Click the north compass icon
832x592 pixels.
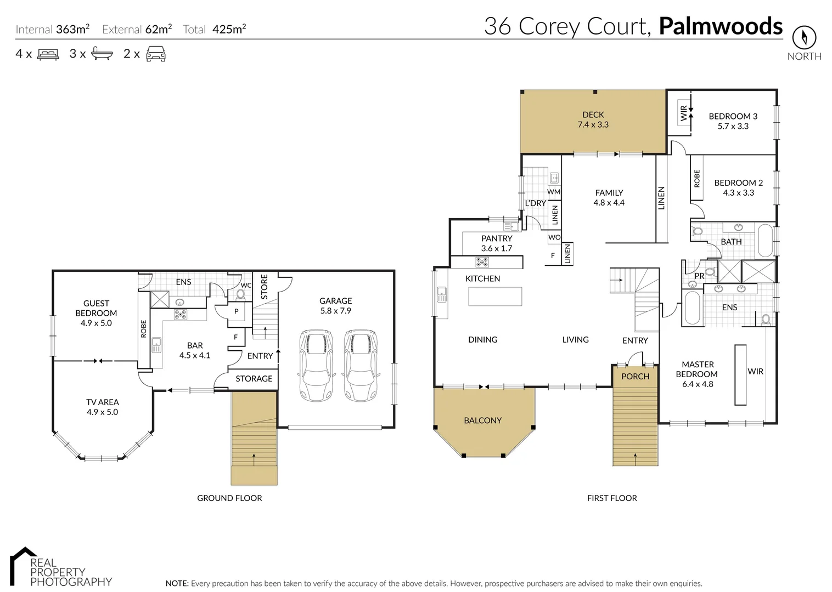point(804,38)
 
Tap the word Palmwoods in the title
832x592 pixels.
point(721,26)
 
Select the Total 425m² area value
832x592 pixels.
point(215,29)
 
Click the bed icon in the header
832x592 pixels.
point(48,54)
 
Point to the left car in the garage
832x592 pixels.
point(317,365)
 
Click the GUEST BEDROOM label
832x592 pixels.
point(96,313)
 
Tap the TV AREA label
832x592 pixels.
point(102,407)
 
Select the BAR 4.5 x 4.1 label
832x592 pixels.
point(195,350)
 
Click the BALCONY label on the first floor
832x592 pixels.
point(482,420)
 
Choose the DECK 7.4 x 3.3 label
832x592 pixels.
point(593,119)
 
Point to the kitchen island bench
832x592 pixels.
point(495,297)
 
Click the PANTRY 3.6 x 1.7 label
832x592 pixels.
point(496,243)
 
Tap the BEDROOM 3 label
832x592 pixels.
point(733,121)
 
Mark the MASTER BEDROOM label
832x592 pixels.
point(697,374)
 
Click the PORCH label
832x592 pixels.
point(635,377)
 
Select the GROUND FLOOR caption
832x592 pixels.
point(229,498)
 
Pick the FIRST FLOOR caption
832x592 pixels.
point(612,498)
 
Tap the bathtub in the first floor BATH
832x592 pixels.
point(765,240)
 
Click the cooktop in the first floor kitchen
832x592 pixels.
point(482,262)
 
